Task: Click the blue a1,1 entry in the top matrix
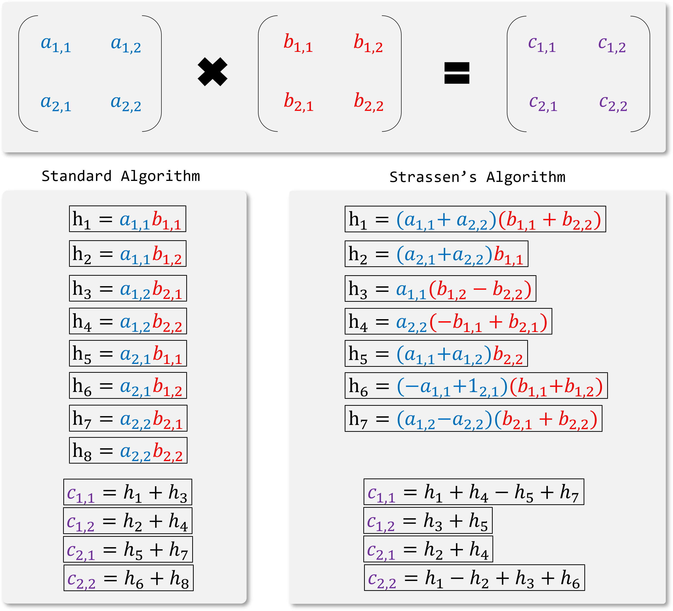pyautogui.click(x=56, y=44)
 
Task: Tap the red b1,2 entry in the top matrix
pyautogui.click(x=368, y=44)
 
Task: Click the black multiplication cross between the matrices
pyautogui.click(x=212, y=72)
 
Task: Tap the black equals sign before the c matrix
pyautogui.click(x=457, y=73)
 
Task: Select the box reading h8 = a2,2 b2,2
pyautogui.click(x=128, y=450)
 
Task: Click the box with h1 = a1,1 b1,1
pyautogui.click(x=128, y=219)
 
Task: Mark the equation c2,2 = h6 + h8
pyautogui.click(x=129, y=578)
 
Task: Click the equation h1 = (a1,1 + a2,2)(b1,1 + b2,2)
pyautogui.click(x=475, y=219)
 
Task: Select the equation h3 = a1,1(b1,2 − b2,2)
pyautogui.click(x=440, y=288)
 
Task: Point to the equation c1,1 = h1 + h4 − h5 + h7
pyautogui.click(x=474, y=492)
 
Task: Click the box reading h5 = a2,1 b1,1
pyautogui.click(x=128, y=353)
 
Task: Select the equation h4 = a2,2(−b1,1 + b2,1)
pyautogui.click(x=448, y=321)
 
